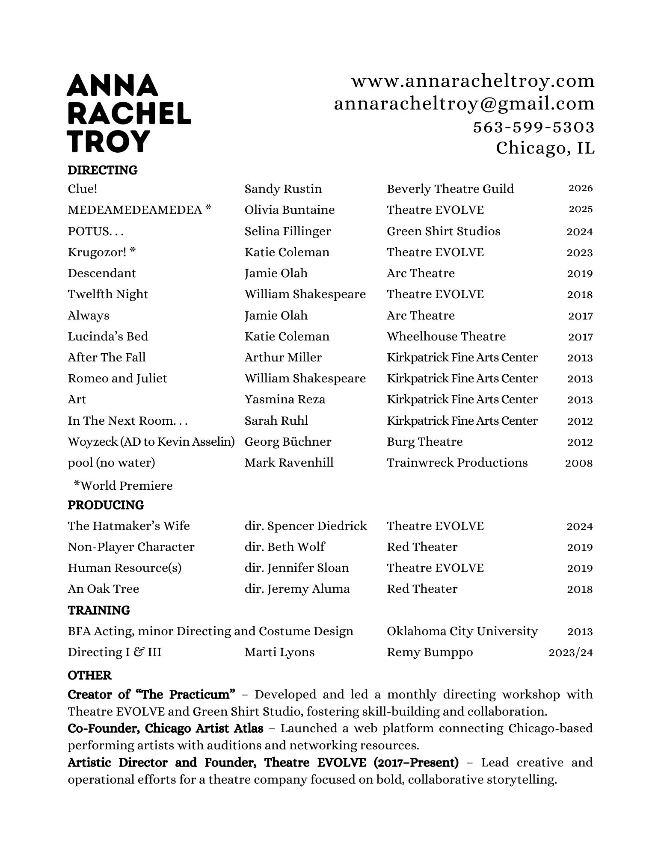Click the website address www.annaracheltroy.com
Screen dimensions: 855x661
(x=473, y=81)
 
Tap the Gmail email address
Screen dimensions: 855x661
(x=464, y=104)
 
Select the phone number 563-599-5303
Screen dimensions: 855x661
(x=534, y=127)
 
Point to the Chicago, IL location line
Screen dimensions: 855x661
(x=545, y=148)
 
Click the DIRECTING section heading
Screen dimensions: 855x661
(x=103, y=170)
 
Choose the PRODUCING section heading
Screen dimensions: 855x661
(x=106, y=505)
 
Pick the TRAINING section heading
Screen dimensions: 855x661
(x=99, y=610)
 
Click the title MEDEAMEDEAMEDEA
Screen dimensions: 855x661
(x=135, y=210)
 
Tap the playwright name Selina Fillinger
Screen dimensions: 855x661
(x=288, y=231)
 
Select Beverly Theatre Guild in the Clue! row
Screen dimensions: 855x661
(x=450, y=189)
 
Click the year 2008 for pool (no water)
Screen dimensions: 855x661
(x=578, y=463)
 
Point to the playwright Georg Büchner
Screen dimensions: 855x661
(x=288, y=442)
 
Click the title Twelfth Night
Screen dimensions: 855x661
(x=108, y=294)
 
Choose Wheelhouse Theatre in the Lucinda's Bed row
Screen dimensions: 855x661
(x=446, y=337)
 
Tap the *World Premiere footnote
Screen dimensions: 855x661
(x=123, y=486)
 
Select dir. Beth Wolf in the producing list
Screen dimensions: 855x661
(x=285, y=547)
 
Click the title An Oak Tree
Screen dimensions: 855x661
(x=104, y=589)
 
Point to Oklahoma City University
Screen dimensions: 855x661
(x=462, y=631)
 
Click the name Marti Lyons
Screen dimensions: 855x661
(x=279, y=652)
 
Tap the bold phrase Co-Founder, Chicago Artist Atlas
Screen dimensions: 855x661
(x=165, y=728)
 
